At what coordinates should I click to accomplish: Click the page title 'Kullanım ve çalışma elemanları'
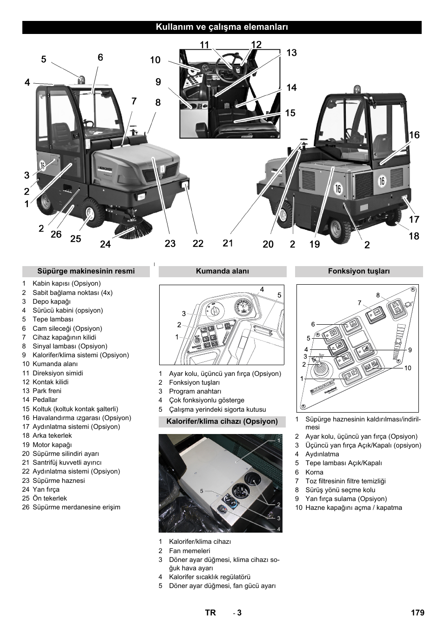(222, 27)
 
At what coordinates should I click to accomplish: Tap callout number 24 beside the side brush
(105, 244)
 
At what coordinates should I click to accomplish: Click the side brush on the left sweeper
(135, 228)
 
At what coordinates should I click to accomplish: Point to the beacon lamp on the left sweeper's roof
(82, 80)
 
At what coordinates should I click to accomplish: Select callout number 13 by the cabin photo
(291, 53)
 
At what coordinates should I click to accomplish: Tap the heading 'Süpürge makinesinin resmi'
(86, 271)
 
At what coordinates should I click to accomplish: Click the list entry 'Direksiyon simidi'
(58, 373)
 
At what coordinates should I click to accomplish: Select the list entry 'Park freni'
(47, 391)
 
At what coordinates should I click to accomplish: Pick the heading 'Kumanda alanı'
(222, 271)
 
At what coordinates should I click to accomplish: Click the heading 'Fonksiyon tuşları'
(359, 271)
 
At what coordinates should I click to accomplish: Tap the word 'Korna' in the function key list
(314, 472)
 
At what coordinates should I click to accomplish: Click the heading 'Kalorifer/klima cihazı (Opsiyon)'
(222, 421)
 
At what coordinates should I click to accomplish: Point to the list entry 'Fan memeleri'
(183, 551)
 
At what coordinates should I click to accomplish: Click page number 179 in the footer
(417, 613)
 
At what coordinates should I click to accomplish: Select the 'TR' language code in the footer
(210, 613)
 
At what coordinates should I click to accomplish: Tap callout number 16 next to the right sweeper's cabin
(414, 135)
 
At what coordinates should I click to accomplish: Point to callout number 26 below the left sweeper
(56, 234)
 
